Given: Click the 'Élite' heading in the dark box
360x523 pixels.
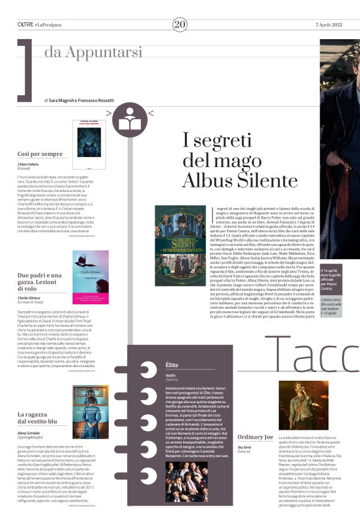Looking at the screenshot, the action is coord(172,365).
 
